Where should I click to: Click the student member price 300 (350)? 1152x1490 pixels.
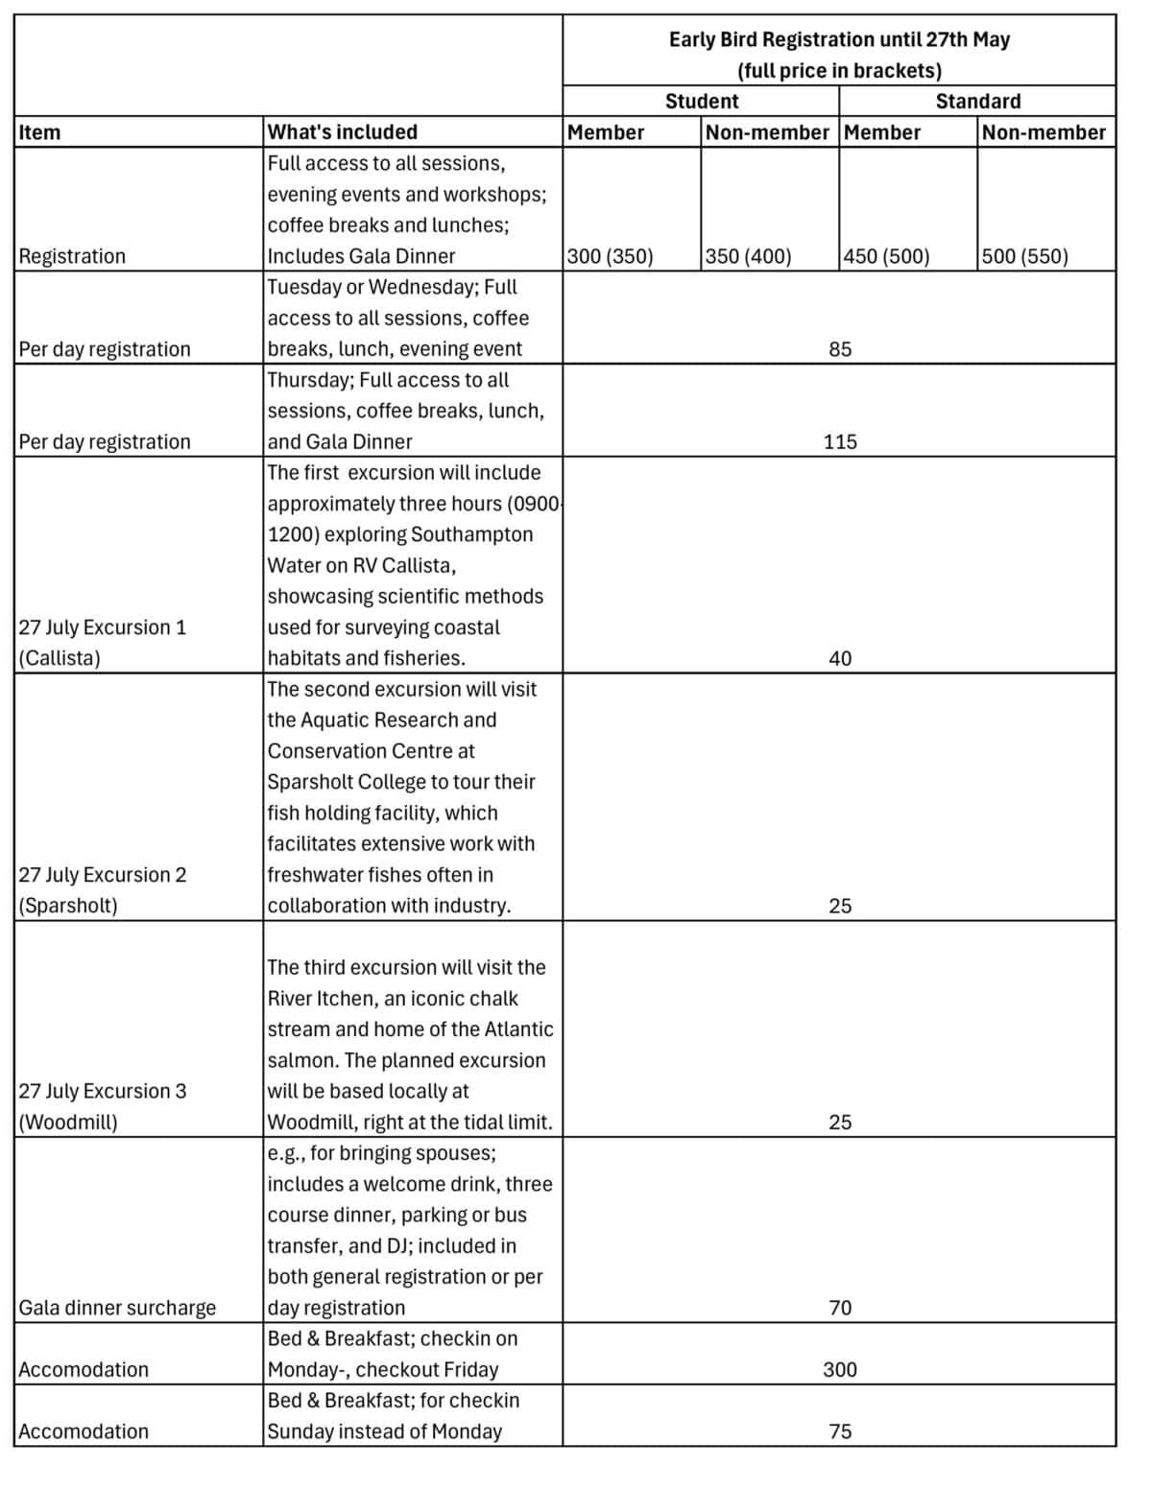tap(610, 256)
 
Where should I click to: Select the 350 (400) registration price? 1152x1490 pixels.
tap(748, 256)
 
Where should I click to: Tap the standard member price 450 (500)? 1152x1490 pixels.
tap(886, 256)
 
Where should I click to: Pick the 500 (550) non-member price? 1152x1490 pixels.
tap(1024, 256)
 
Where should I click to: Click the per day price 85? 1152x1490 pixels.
tap(840, 349)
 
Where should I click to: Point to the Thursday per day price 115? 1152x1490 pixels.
tap(840, 442)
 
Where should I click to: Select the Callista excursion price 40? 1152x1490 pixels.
tap(840, 658)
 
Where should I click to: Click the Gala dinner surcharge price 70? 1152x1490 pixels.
tap(840, 1308)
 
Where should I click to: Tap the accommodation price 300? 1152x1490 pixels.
tap(840, 1369)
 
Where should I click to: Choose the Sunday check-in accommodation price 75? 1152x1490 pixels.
tap(840, 1431)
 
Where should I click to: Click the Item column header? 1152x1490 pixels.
tap(39, 132)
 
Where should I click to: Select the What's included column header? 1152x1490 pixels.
tap(342, 132)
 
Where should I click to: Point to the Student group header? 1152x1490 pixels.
tap(702, 101)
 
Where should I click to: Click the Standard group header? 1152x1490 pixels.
tap(978, 101)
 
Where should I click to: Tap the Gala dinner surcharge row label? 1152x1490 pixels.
tap(117, 1308)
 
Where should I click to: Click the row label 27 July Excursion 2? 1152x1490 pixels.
tap(103, 875)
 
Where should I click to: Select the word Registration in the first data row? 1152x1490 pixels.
tap(72, 256)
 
